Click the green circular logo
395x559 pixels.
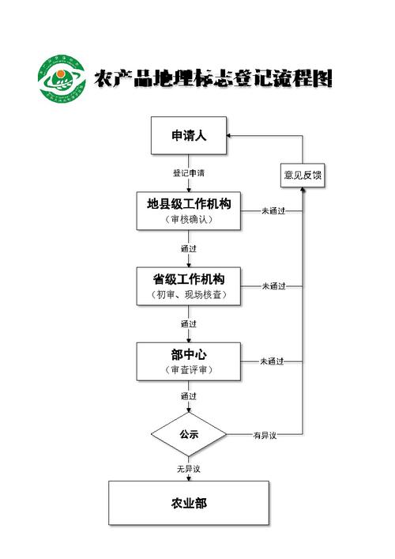click(x=62, y=81)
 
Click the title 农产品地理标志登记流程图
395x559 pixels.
click(x=213, y=79)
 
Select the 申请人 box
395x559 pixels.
click(x=189, y=136)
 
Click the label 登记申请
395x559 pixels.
click(x=189, y=172)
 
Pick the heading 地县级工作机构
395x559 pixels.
click(x=189, y=203)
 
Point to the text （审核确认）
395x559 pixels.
click(x=189, y=220)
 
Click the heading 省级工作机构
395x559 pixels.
click(x=189, y=278)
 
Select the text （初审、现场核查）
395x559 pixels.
click(x=189, y=295)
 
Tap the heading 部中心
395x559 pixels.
click(x=189, y=353)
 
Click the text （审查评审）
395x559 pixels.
click(x=189, y=370)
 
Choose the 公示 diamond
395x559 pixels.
click(x=189, y=434)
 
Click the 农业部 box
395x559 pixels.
click(x=189, y=503)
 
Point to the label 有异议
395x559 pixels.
click(x=264, y=435)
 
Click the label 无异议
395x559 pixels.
click(x=189, y=469)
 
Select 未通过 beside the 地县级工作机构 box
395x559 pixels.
click(x=273, y=211)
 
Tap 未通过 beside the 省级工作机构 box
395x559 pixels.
click(x=273, y=286)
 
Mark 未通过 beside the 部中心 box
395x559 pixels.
click(x=273, y=361)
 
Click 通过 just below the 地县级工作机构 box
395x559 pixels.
click(x=189, y=249)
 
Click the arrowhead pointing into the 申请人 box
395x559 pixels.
click(x=231, y=136)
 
